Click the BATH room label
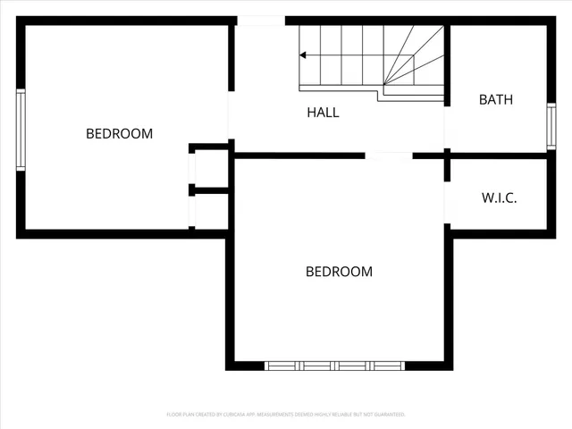point(495,99)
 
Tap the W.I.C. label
point(499,198)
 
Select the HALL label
point(323,113)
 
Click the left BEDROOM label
point(119,133)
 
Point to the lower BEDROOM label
point(339,272)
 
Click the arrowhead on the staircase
point(303,55)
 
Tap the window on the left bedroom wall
point(20,129)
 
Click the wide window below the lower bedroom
point(335,366)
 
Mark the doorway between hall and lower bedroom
point(389,156)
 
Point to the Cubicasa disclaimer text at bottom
point(286,415)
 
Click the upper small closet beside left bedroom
point(211,166)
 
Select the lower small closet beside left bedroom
point(211,211)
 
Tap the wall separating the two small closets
point(211,189)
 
